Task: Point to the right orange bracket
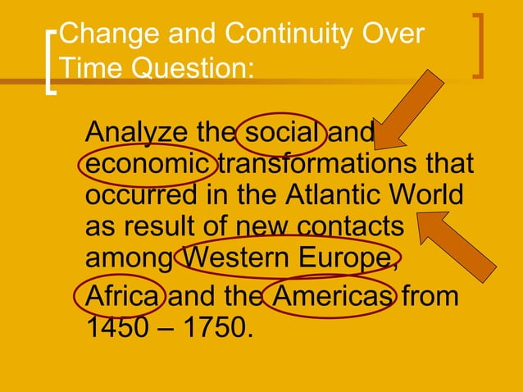point(479,46)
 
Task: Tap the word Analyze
point(136,133)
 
